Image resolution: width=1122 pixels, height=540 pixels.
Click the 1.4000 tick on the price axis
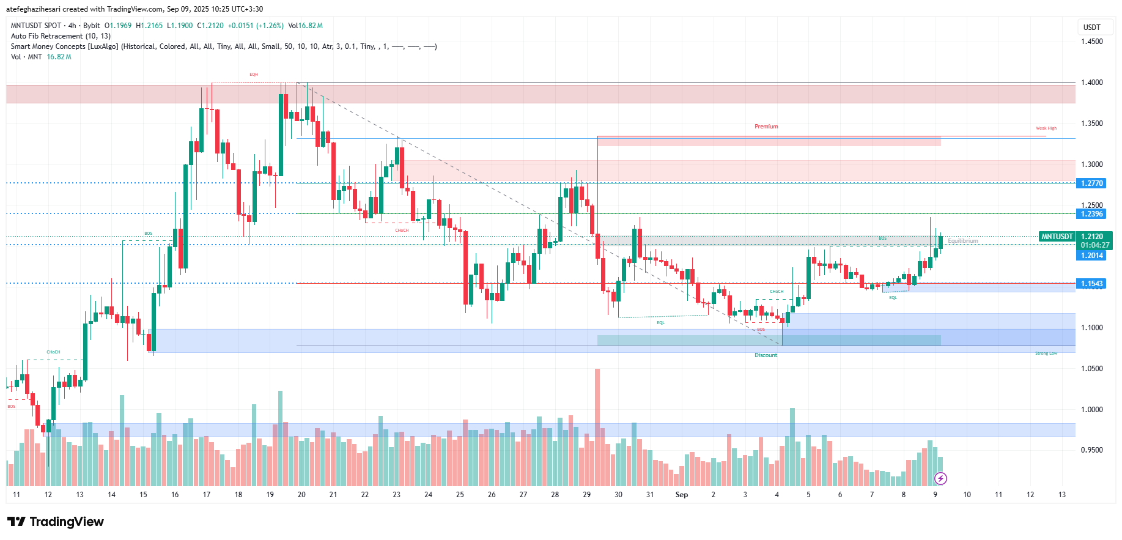point(1091,83)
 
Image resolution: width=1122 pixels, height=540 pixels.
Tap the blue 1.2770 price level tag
point(1091,183)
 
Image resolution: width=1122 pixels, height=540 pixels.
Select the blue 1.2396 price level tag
point(1091,214)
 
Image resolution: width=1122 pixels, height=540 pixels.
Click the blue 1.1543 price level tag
point(1091,284)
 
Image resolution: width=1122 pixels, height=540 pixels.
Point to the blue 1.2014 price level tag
point(1091,256)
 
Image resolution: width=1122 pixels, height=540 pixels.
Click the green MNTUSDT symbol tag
point(1057,237)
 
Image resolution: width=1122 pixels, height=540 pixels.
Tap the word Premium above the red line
point(766,127)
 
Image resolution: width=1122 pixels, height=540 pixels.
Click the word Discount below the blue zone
point(766,355)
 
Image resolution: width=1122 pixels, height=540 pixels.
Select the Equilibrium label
point(963,241)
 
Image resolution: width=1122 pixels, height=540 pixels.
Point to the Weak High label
point(1046,128)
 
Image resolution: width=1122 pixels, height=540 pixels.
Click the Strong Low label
point(1046,353)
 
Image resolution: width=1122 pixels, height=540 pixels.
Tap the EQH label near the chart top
point(254,75)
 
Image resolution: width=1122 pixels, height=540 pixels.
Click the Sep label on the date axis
point(681,495)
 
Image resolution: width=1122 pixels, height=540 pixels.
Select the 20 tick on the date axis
point(301,495)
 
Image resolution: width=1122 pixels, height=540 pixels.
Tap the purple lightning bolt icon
point(940,478)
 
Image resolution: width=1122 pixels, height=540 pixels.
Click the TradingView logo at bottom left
point(56,522)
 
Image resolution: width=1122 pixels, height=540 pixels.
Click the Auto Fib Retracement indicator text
point(61,36)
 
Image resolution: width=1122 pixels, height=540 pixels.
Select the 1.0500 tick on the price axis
point(1091,369)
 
